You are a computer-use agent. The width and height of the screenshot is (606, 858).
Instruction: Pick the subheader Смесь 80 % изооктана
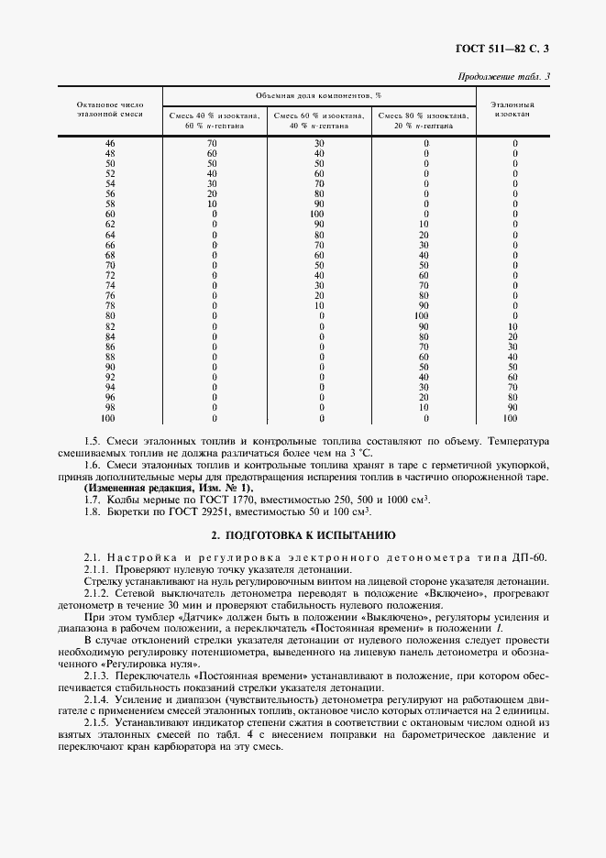click(423, 116)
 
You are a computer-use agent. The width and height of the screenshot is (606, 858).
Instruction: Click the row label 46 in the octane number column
click(110, 144)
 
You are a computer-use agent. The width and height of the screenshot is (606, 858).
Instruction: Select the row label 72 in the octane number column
click(110, 275)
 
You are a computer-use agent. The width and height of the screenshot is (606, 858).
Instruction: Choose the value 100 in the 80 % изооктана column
click(423, 315)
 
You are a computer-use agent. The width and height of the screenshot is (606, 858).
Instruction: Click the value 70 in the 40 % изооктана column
click(212, 144)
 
